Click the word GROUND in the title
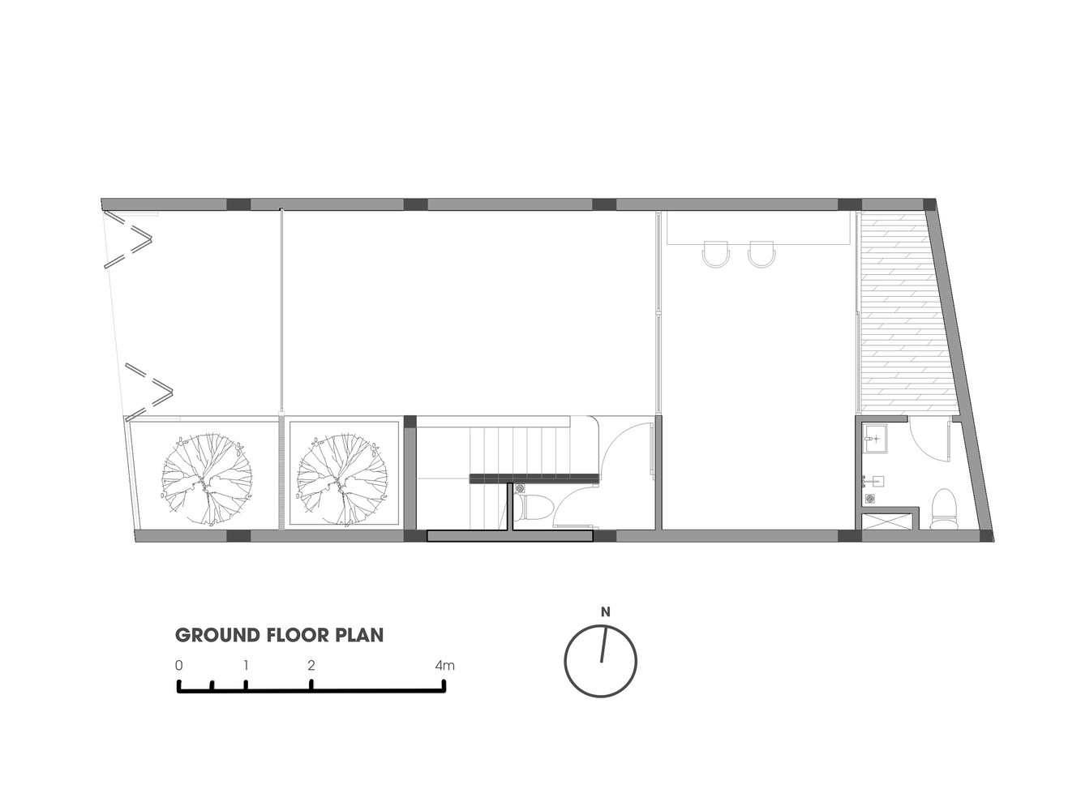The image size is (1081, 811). (217, 635)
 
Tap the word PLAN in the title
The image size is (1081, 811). (359, 635)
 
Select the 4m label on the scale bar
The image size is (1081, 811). (444, 666)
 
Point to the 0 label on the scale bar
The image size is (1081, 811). (178, 666)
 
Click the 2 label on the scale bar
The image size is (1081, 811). (311, 666)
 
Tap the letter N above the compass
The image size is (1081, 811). (605, 612)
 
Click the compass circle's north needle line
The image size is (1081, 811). (603, 644)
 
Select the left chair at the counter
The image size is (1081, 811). (715, 254)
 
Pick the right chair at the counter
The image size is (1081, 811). (761, 254)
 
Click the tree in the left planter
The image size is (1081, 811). (207, 478)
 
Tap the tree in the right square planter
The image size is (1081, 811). (341, 478)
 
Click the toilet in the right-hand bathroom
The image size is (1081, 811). (944, 508)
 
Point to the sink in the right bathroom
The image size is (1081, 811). (875, 438)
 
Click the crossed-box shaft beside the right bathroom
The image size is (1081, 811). (887, 521)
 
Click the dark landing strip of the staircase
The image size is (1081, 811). (534, 478)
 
